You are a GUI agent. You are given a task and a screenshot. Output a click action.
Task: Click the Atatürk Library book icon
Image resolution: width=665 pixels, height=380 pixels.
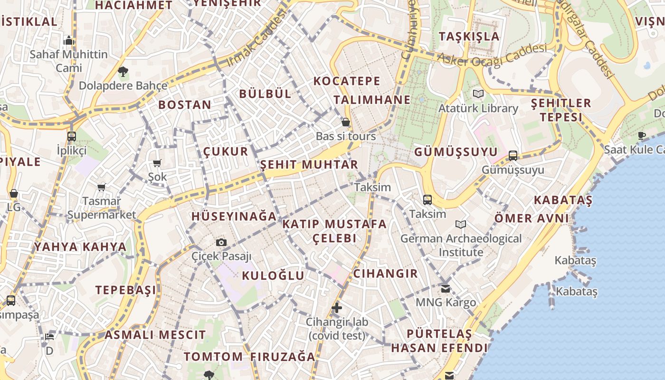(x=478, y=94)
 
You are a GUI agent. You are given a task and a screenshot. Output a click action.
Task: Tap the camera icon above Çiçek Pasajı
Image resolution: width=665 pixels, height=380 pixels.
(x=221, y=242)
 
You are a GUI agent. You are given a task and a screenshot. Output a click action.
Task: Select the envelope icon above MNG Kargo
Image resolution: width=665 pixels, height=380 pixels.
(x=446, y=288)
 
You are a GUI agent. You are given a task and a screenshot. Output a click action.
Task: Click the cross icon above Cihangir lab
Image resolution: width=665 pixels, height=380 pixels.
(x=337, y=308)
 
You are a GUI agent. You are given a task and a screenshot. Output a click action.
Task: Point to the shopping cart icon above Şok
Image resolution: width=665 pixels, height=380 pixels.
(x=157, y=163)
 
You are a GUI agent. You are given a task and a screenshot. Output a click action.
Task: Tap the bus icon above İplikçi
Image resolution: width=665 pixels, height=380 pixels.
(x=72, y=136)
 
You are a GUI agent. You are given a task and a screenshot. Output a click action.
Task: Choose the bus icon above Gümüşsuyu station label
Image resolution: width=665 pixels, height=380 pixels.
(x=513, y=155)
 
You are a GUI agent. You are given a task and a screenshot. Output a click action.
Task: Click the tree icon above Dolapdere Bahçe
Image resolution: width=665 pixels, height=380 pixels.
(x=123, y=72)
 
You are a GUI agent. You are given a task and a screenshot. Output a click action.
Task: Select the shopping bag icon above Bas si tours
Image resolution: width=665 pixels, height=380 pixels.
(x=346, y=122)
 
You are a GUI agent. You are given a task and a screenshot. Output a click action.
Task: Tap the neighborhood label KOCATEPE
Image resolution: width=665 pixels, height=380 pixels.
(x=347, y=81)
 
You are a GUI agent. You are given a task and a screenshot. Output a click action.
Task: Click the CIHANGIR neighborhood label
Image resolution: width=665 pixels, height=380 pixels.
(x=385, y=274)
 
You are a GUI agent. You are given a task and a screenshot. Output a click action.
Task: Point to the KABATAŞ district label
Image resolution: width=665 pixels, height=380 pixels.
(x=563, y=200)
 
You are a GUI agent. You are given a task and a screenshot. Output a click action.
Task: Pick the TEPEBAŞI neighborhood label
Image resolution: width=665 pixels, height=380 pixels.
(x=125, y=290)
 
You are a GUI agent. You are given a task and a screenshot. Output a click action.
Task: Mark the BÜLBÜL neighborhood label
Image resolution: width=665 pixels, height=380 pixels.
(x=265, y=94)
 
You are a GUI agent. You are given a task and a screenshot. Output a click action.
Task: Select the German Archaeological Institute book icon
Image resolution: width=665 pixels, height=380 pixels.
(x=460, y=224)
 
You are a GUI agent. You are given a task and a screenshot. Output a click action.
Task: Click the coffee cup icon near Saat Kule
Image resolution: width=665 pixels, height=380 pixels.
(x=642, y=135)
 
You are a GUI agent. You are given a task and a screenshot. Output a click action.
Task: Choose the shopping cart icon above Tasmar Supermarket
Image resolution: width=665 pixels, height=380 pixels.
(x=101, y=187)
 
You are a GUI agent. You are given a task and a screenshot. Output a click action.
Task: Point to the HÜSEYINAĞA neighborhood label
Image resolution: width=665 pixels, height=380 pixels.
(x=234, y=216)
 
